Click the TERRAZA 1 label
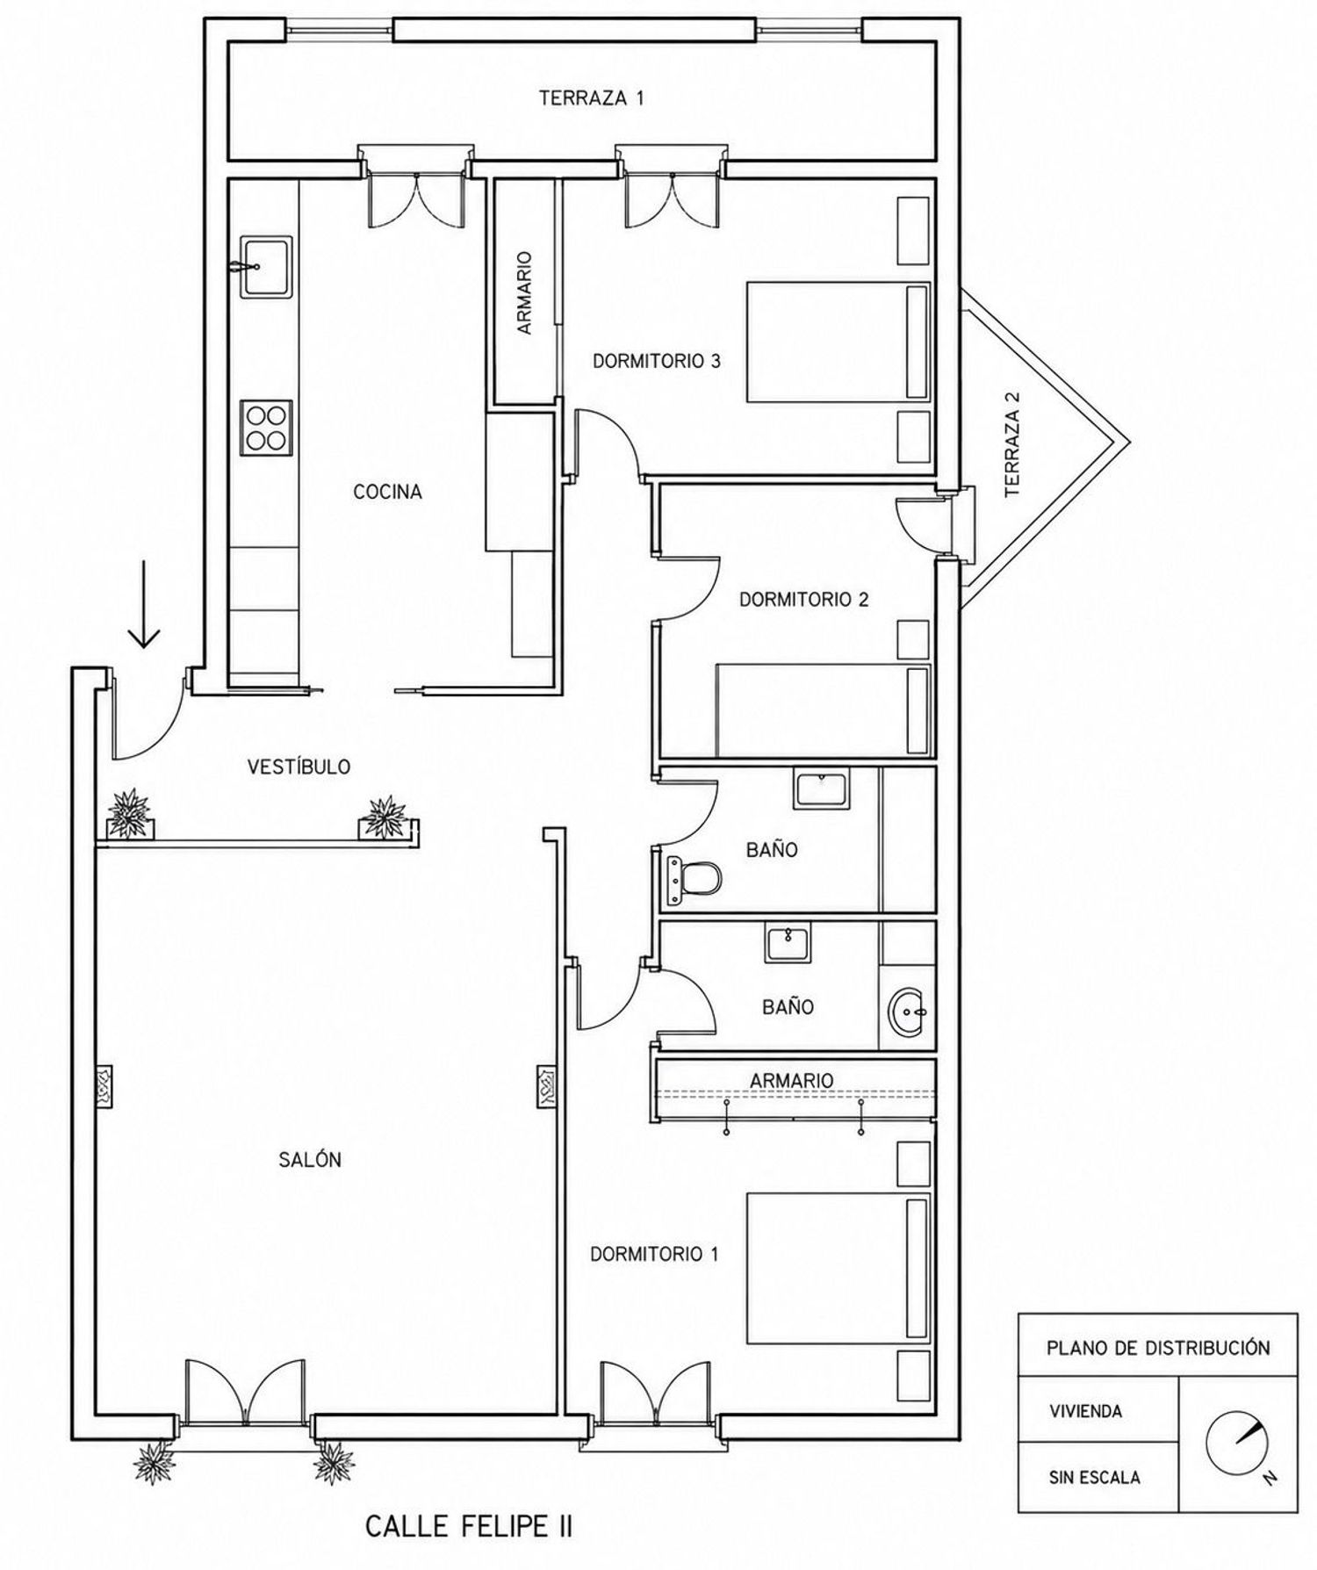coord(591,97)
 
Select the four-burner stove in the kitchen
coord(266,428)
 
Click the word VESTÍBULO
coord(299,767)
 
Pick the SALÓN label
coord(310,1160)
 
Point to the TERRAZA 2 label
coord(1013,444)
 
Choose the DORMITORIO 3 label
coord(657,361)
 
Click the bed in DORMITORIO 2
coord(823,709)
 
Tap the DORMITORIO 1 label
coord(654,1255)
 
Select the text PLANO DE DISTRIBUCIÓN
coord(1158,1348)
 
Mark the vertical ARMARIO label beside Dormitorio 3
coord(524,292)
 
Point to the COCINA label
coord(387,492)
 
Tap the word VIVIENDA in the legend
coord(1085,1412)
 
